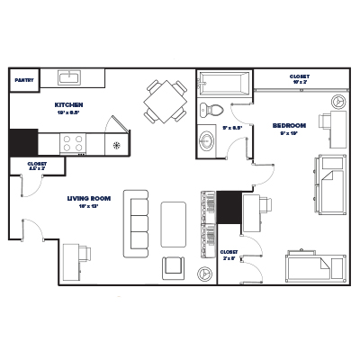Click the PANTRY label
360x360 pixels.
tap(23, 80)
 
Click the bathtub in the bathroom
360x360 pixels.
tap(226, 85)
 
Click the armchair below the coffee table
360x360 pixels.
tap(174, 266)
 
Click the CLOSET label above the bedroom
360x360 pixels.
tap(299, 77)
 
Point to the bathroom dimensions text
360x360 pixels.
tap(229, 128)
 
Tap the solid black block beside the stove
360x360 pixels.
tap(23, 142)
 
